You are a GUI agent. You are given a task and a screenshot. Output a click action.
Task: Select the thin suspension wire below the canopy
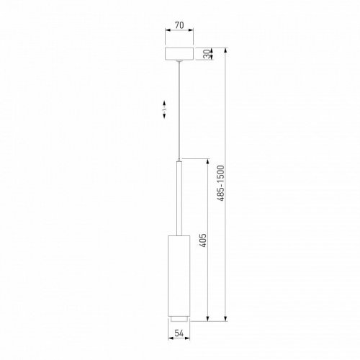click(179, 108)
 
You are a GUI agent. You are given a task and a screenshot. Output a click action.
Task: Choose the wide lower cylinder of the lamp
click(179, 274)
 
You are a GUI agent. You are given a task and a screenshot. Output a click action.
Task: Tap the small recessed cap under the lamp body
click(179, 318)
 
